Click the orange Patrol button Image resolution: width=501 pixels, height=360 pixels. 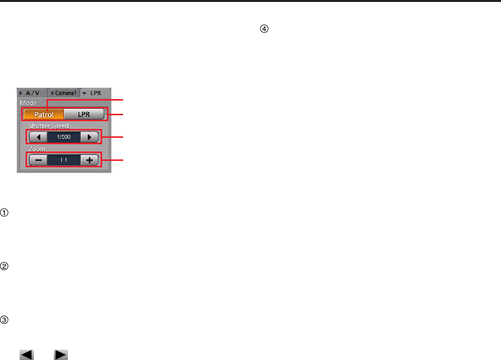pyautogui.click(x=44, y=115)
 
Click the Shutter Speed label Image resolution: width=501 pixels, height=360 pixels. pyautogui.click(x=49, y=126)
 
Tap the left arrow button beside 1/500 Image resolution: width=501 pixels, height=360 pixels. pyautogui.click(x=38, y=137)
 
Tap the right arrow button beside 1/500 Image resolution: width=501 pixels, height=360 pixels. pyautogui.click(x=89, y=137)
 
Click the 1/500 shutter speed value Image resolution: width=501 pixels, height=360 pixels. pyautogui.click(x=64, y=137)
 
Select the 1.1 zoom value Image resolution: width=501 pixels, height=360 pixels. pyautogui.click(x=64, y=160)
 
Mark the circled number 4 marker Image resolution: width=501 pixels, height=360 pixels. pyautogui.click(x=264, y=29)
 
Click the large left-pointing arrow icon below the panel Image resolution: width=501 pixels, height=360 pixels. pyautogui.click(x=27, y=355)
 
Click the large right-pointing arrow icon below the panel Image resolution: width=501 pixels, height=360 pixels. pyautogui.click(x=61, y=355)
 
